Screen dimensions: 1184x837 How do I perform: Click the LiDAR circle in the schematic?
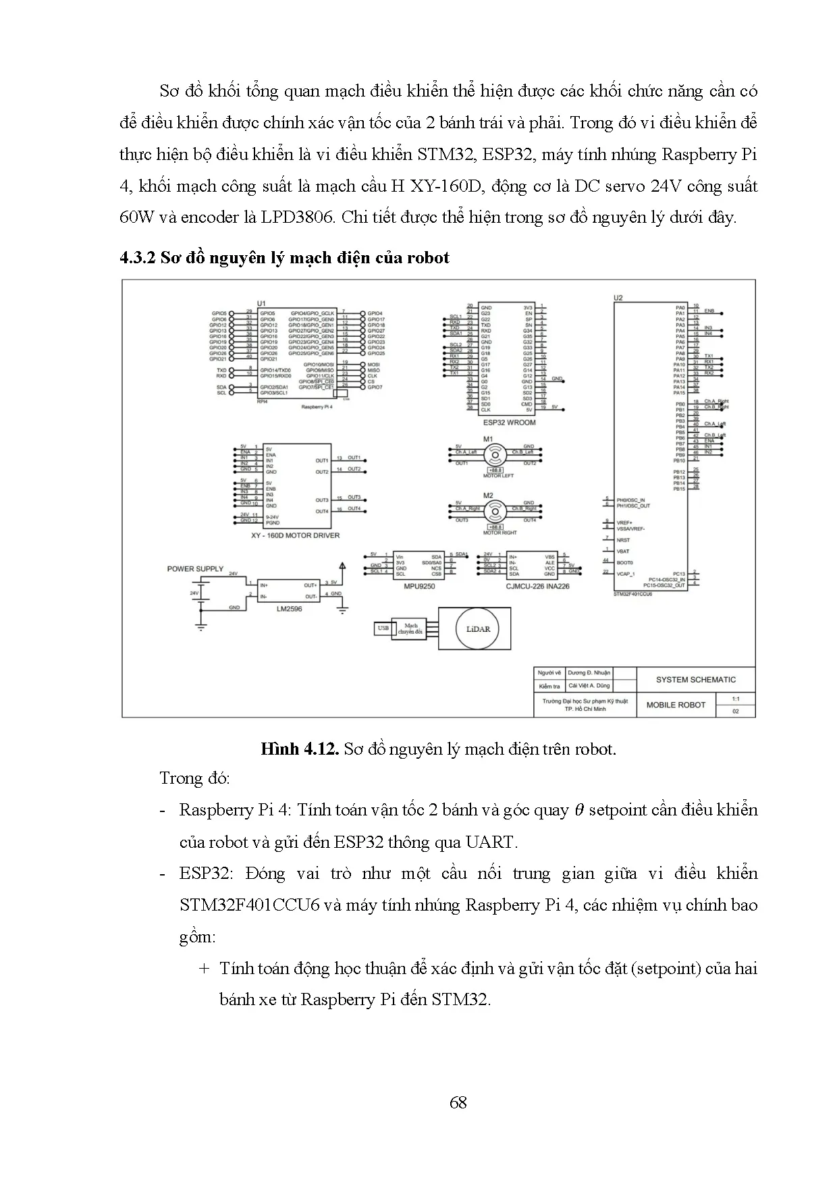pyautogui.click(x=477, y=628)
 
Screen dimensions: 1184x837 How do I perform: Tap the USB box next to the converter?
pyautogui.click(x=383, y=628)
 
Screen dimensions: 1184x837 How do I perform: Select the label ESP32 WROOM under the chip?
pyautogui.click(x=509, y=423)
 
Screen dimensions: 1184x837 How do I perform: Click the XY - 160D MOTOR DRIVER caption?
pyautogui.click(x=295, y=535)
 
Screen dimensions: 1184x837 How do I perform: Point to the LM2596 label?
pyautogui.click(x=289, y=609)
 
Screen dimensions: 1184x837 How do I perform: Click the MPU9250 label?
pyautogui.click(x=418, y=587)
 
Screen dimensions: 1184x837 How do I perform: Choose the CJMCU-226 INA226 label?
pyautogui.click(x=537, y=587)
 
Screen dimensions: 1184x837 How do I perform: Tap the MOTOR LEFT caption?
pyautogui.click(x=498, y=476)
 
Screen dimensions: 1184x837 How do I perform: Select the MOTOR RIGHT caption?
pyautogui.click(x=500, y=533)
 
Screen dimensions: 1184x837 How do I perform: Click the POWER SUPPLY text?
pyautogui.click(x=195, y=569)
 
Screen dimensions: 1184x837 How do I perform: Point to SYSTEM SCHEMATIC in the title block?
pyautogui.click(x=696, y=680)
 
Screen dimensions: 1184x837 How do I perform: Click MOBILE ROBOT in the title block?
pyautogui.click(x=676, y=705)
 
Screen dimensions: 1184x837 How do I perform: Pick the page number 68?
pyautogui.click(x=458, y=1103)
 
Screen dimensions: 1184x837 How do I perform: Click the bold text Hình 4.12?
pyautogui.click(x=299, y=749)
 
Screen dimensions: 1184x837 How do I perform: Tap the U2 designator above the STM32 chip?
pyautogui.click(x=618, y=298)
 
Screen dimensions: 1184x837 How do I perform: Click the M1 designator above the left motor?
pyautogui.click(x=488, y=439)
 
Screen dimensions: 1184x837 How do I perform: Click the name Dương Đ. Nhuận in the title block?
pyautogui.click(x=589, y=672)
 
